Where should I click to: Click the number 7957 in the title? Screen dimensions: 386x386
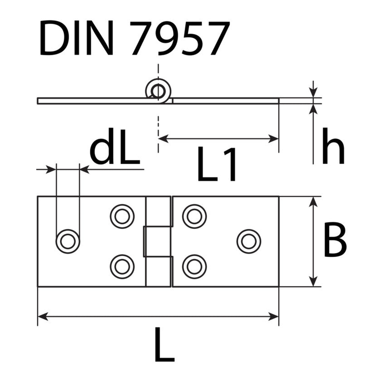pyautogui.click(x=179, y=38)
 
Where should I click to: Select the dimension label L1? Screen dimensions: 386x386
pyautogui.click(x=217, y=163)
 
